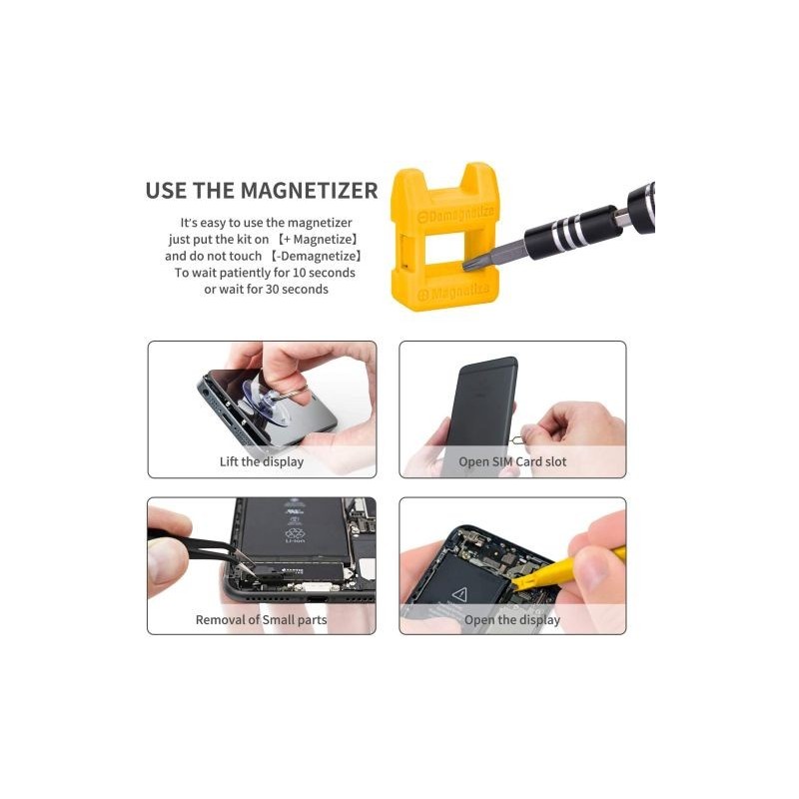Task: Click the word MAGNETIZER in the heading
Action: tap(309, 191)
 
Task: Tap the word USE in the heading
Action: tap(166, 191)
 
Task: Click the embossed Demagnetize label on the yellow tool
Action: tap(456, 214)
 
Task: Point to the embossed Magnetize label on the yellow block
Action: tap(453, 293)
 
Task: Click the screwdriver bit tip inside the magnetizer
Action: tap(467, 265)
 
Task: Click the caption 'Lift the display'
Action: tap(262, 461)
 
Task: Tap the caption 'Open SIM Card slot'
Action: tap(512, 461)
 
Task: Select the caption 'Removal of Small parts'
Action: tap(261, 619)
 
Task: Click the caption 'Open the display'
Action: tap(512, 619)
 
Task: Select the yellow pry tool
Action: tap(565, 568)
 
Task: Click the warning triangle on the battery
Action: tap(459, 593)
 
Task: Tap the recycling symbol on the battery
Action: tap(295, 533)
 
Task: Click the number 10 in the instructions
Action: tap(299, 273)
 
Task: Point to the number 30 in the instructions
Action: tap(272, 290)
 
